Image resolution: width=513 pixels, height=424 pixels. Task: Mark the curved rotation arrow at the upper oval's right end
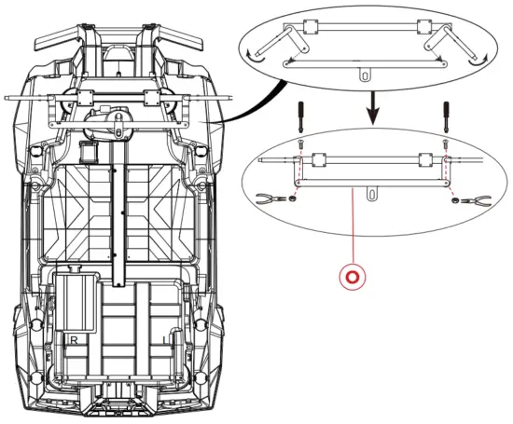coord(486,57)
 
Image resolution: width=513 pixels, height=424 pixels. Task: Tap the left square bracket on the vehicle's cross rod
coord(81,96)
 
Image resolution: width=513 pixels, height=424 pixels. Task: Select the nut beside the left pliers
coord(292,198)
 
